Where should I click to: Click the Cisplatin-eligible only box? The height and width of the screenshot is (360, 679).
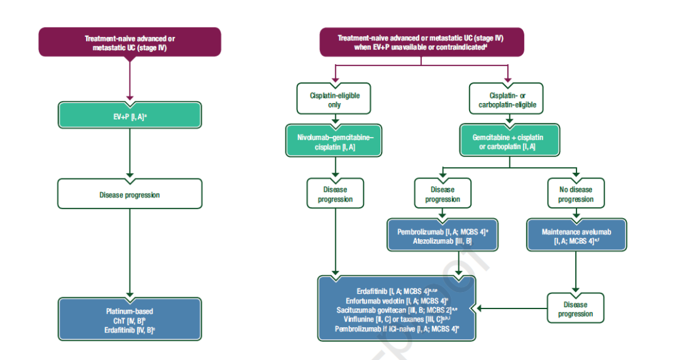[x=334, y=100]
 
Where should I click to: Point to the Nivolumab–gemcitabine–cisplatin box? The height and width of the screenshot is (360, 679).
[x=334, y=141]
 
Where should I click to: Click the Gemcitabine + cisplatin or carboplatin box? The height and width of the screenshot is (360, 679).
[x=510, y=141]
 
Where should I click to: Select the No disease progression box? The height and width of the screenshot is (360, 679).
[x=575, y=194]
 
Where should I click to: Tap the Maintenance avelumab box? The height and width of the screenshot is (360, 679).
[x=575, y=236]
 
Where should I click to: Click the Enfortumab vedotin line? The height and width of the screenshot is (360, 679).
[x=396, y=300]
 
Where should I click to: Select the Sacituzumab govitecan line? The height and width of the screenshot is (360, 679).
[x=396, y=310]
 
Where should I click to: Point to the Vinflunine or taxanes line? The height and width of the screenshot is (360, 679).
[x=396, y=319]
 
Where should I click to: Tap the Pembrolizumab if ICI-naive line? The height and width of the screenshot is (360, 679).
[x=396, y=329]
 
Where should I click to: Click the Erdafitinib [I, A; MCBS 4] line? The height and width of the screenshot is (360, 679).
[x=396, y=291]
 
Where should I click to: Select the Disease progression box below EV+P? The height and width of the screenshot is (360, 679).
[x=130, y=194]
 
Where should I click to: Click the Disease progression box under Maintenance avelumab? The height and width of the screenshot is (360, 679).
[x=575, y=309]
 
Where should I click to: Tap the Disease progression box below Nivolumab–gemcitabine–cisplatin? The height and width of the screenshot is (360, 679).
[x=334, y=194]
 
